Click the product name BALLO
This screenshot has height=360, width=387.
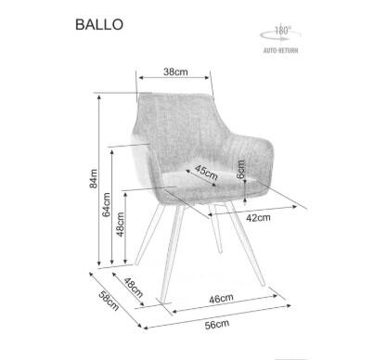pyautogui.click(x=97, y=25)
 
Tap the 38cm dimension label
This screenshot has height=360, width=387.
pyautogui.click(x=175, y=71)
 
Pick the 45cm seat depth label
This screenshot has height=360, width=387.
pyautogui.click(x=206, y=172)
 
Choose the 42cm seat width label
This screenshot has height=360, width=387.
pyautogui.click(x=258, y=218)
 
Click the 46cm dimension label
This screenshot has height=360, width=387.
pyautogui.click(x=219, y=299)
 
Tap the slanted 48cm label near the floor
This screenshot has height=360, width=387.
pyautogui.click(x=132, y=289)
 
